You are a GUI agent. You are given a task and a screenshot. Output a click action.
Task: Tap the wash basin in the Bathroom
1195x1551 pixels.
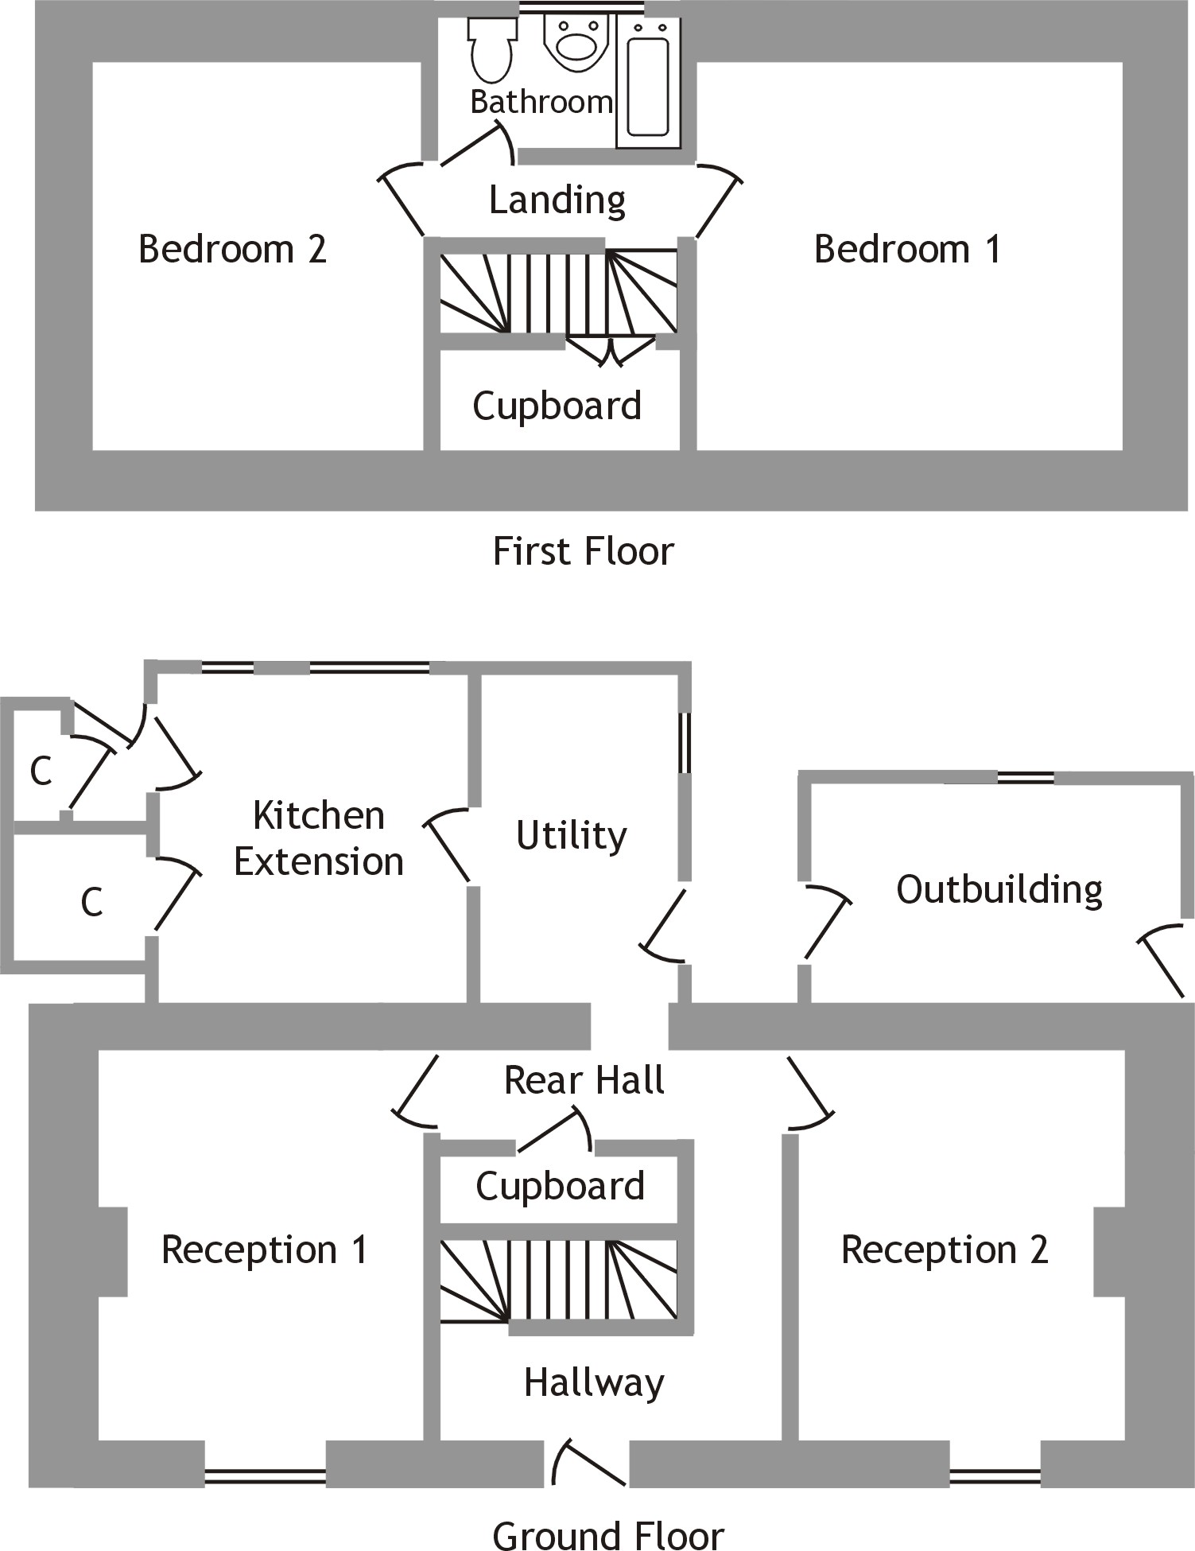pos(576,44)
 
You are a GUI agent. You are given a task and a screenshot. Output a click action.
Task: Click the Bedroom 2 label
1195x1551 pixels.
pos(232,249)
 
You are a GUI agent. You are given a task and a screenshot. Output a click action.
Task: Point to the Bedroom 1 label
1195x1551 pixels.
pos(907,249)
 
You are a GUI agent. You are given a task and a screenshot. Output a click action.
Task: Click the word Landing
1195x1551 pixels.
pos(557,200)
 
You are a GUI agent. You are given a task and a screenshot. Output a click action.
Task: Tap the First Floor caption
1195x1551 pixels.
pos(583,551)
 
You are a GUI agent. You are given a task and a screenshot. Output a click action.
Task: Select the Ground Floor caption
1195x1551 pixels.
pos(607,1534)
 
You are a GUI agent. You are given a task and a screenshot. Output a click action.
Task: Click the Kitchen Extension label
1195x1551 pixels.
pos(318,838)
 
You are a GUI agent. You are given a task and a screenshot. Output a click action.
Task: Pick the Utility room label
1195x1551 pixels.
pos(571,835)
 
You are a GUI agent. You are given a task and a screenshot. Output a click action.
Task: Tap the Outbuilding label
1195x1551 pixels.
pos(999,889)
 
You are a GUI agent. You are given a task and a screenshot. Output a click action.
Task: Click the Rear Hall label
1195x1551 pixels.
pos(584,1080)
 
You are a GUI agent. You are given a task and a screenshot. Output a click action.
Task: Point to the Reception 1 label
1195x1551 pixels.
pos(264,1250)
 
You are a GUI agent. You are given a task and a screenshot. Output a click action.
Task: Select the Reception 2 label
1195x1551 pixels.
pos(945,1250)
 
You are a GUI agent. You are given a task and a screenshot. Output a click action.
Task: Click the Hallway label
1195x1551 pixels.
pos(593,1382)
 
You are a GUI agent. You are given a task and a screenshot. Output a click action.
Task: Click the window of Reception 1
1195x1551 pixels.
pos(265,1476)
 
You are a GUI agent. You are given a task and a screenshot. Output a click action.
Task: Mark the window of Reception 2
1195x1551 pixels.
pos(995,1476)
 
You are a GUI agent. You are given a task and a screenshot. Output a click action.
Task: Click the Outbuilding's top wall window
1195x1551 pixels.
pos(1025,777)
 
